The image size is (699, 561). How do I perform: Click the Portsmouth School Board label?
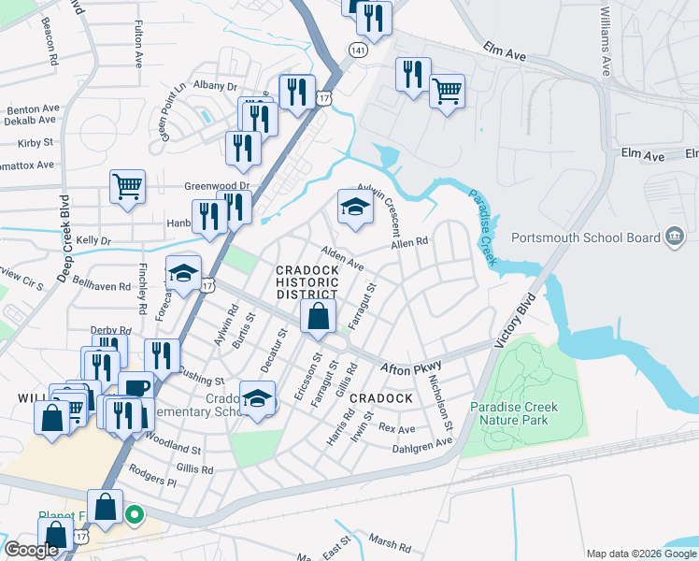[585, 237]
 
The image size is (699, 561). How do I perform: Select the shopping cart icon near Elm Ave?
[448, 92]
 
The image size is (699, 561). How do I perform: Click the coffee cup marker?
[136, 387]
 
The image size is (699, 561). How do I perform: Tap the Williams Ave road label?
[606, 42]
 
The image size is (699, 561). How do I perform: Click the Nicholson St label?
[438, 403]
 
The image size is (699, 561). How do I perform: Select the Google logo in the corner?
[31, 550]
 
